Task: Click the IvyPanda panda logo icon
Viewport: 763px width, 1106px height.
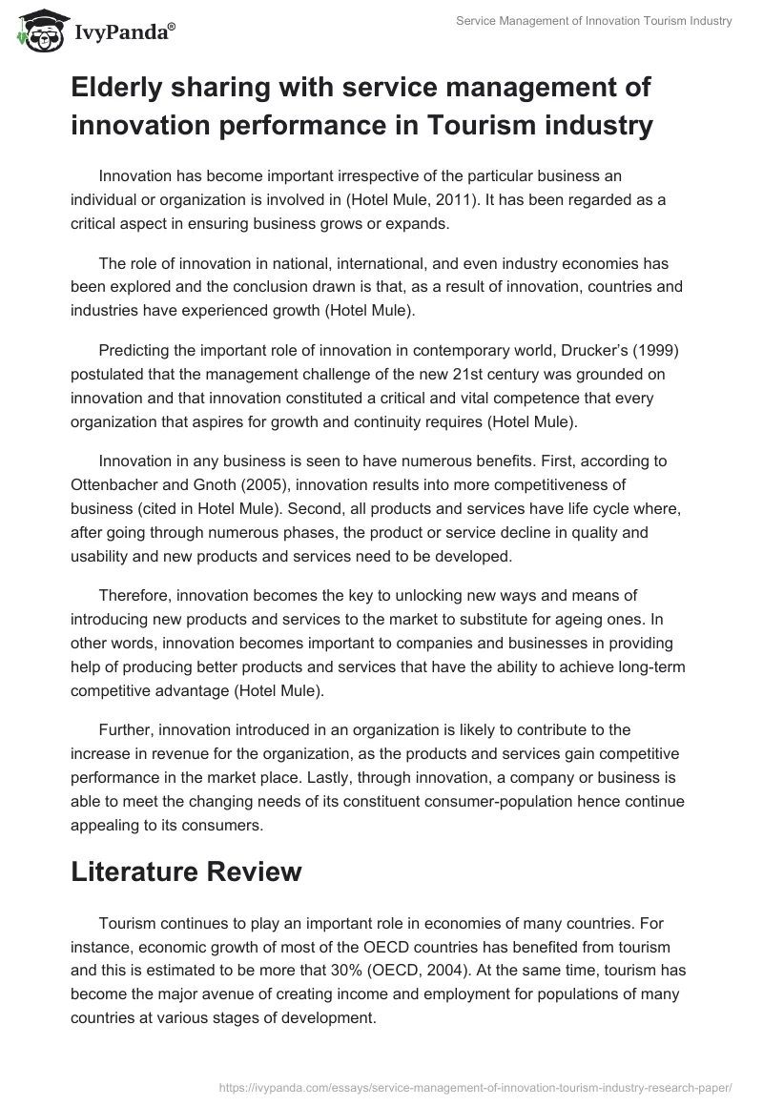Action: [x=36, y=31]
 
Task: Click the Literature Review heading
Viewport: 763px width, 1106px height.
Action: [x=187, y=870]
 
